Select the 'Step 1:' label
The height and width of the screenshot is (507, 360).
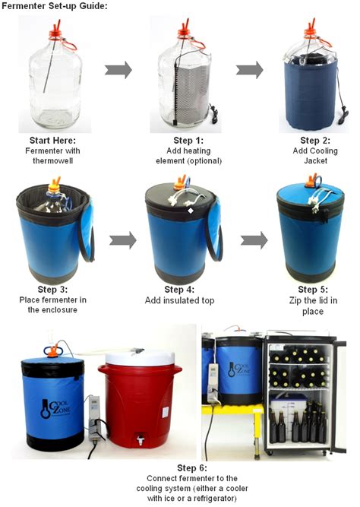click(182, 141)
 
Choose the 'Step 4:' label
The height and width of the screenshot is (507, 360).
click(180, 290)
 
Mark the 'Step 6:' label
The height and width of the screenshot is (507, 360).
click(180, 467)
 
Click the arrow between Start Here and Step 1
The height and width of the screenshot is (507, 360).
click(118, 71)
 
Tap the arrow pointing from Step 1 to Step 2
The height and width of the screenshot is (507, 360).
click(249, 71)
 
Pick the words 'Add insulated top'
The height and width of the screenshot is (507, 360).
click(180, 300)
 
